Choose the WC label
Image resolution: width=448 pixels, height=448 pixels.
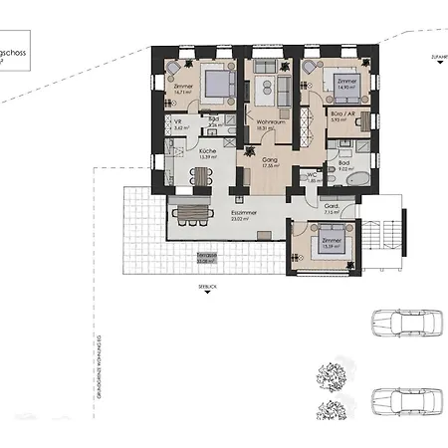pos(312,177)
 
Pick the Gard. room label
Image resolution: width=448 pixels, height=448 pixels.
pos(333,208)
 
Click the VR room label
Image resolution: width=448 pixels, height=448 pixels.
pos(177,124)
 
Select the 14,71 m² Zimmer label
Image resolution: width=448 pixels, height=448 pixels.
pos(182,89)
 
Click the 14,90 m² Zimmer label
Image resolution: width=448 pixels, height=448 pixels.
pos(344,85)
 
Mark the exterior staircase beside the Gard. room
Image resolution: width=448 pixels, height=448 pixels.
pos(390,234)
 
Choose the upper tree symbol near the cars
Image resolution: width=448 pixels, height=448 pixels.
pos(333,377)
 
